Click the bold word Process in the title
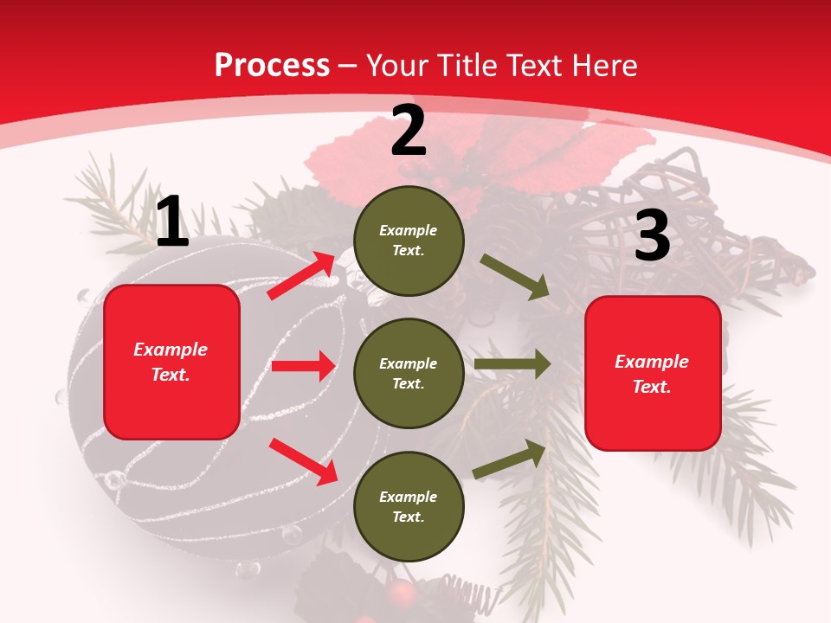[x=272, y=66]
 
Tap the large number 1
[x=171, y=222]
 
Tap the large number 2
[x=409, y=131]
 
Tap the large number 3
[x=652, y=236]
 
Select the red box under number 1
[x=171, y=362]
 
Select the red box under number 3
[x=653, y=373]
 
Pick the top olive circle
[x=409, y=241]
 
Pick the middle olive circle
[x=409, y=373]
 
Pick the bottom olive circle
[x=409, y=506]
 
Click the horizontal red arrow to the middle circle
[x=303, y=366]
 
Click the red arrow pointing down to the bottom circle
[x=303, y=461]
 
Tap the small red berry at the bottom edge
[x=401, y=594]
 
